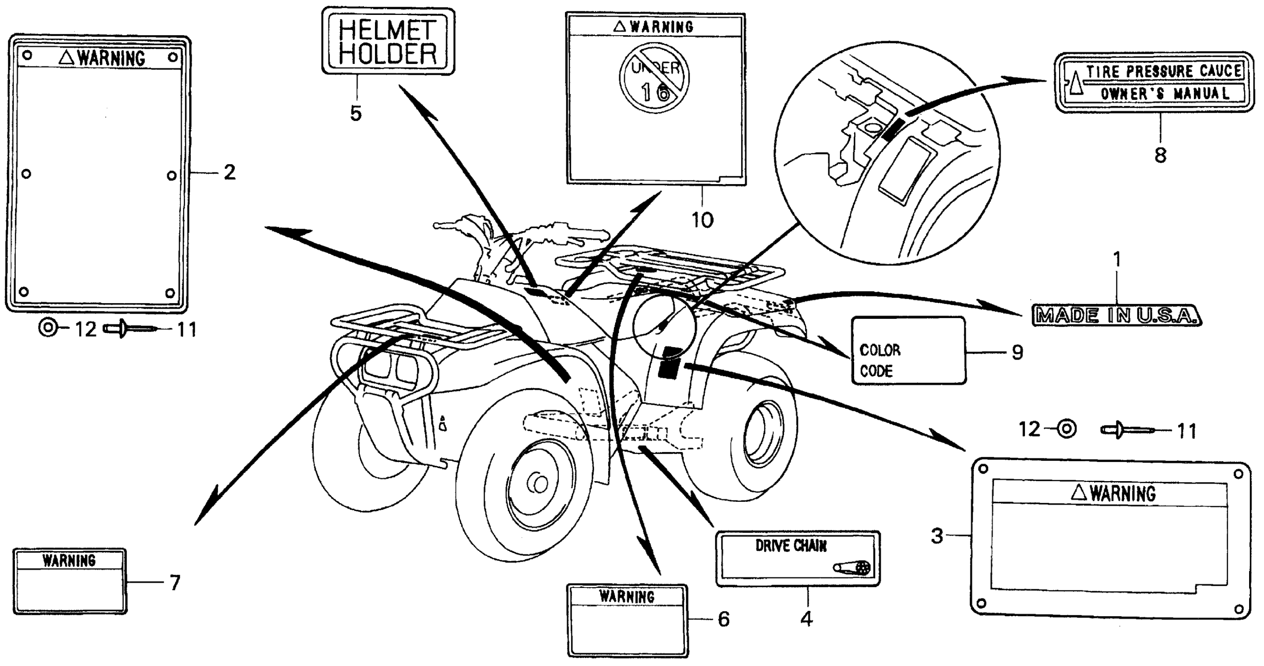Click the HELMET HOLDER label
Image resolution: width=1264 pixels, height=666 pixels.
coord(388,42)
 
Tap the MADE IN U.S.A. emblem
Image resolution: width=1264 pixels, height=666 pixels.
coord(1116,316)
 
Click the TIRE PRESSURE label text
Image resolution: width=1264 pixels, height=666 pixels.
coord(1163,72)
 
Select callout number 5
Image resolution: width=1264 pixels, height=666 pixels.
coord(356,113)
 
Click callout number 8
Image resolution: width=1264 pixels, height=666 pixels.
coord(1160,156)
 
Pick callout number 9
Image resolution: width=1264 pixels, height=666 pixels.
coord(1017,352)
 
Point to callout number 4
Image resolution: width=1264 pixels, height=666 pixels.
coord(807,619)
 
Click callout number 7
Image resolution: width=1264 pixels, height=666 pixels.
coord(175,583)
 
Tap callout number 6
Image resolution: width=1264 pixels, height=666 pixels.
coord(724,619)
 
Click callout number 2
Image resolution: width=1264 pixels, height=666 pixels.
coord(229,172)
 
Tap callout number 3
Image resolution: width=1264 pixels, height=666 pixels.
coord(937,536)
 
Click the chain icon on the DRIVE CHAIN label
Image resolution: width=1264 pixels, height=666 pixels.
coord(852,568)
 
